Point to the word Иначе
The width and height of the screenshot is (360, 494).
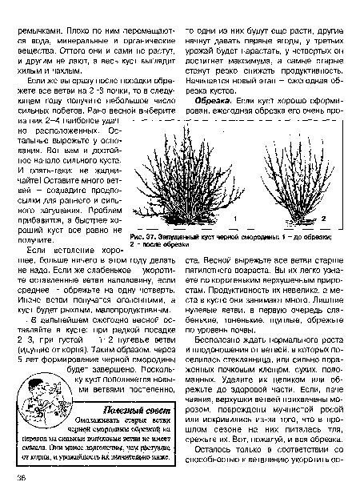(26, 295)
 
